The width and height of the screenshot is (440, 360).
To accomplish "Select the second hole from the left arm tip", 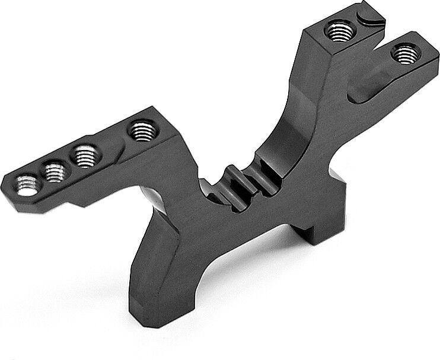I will point(55,171).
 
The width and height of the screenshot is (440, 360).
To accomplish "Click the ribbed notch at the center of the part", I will point(237,178).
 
